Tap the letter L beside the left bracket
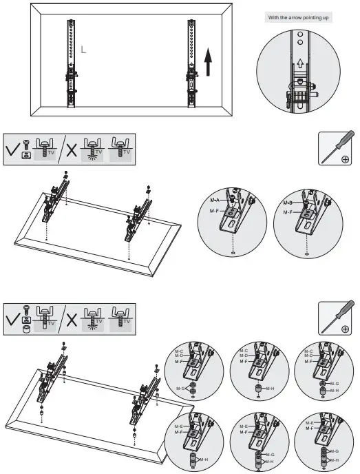[83, 50]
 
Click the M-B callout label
[288, 204]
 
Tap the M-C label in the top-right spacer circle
[308, 351]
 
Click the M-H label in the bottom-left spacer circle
[204, 459]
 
